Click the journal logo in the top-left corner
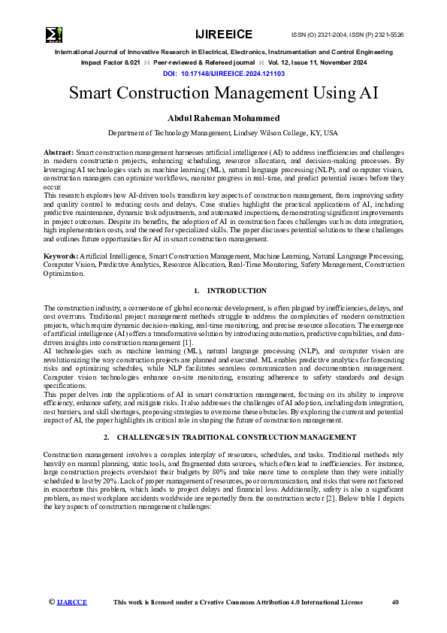(54, 35)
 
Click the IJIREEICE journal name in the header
(223, 35)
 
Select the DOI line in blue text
(223, 74)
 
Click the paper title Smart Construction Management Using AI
(223, 94)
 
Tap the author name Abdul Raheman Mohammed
(223, 118)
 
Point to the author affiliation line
(223, 132)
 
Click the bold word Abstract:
(59, 152)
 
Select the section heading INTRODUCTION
(226, 290)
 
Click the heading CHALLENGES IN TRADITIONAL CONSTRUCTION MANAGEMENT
(231, 437)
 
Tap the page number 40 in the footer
(396, 602)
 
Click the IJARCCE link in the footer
(72, 602)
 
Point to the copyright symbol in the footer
(52, 602)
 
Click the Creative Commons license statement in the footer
(237, 602)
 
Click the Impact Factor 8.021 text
(107, 64)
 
